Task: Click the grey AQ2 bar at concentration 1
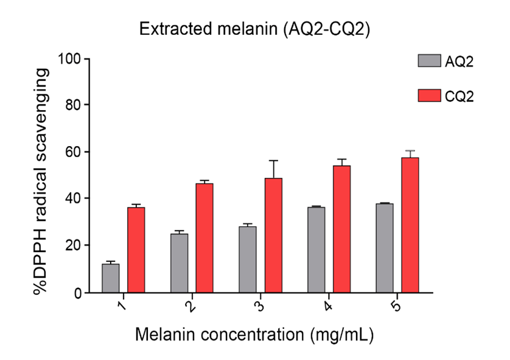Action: coord(111,278)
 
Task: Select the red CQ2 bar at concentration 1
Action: coord(136,250)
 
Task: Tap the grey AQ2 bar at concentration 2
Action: coord(179,263)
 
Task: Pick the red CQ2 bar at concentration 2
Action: coord(204,238)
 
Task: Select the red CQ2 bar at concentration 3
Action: coord(273,235)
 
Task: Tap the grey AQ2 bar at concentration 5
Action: coord(385,248)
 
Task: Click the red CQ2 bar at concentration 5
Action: coord(410,225)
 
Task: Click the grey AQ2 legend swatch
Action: coord(429,61)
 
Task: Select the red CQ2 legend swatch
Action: coord(429,96)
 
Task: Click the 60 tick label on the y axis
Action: coord(74,152)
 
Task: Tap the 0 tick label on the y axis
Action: coord(78,293)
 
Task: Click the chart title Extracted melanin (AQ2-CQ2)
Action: coord(254,29)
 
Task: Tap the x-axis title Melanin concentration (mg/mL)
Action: coord(254,334)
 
